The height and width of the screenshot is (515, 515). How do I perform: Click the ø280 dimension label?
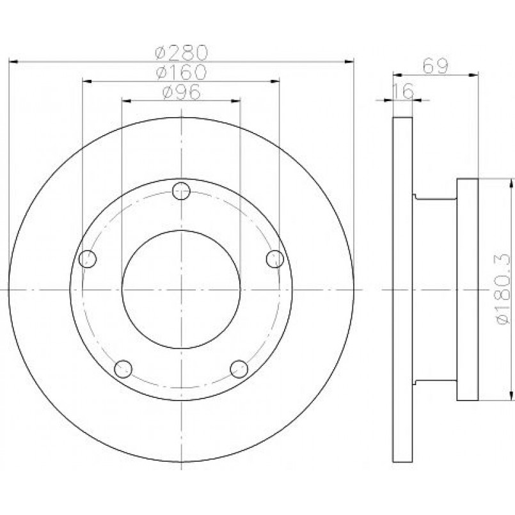(x=182, y=52)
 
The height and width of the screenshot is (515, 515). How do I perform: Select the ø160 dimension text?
(x=182, y=72)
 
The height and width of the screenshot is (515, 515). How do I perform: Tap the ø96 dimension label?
(x=182, y=91)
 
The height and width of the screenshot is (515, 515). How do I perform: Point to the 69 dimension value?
(x=435, y=66)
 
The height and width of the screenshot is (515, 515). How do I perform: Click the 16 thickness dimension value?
(x=403, y=91)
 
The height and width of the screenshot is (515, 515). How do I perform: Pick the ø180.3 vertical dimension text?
(x=503, y=289)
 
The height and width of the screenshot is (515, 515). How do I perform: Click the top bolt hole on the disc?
(x=181, y=191)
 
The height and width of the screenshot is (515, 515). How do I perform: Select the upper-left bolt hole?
(x=88, y=259)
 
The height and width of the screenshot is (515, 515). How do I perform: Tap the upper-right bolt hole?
(x=275, y=259)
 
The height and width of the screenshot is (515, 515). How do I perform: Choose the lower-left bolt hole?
(x=123, y=369)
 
